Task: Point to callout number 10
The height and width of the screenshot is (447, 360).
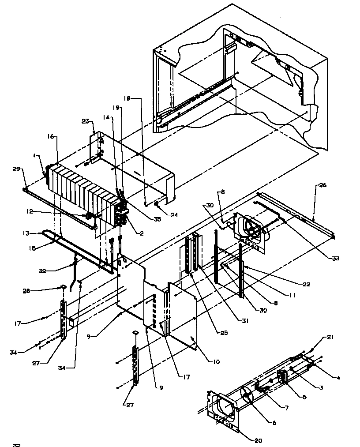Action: [x=216, y=362]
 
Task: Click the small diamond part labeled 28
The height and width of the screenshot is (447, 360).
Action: [x=64, y=287]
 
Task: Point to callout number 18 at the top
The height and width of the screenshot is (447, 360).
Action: [x=127, y=100]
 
